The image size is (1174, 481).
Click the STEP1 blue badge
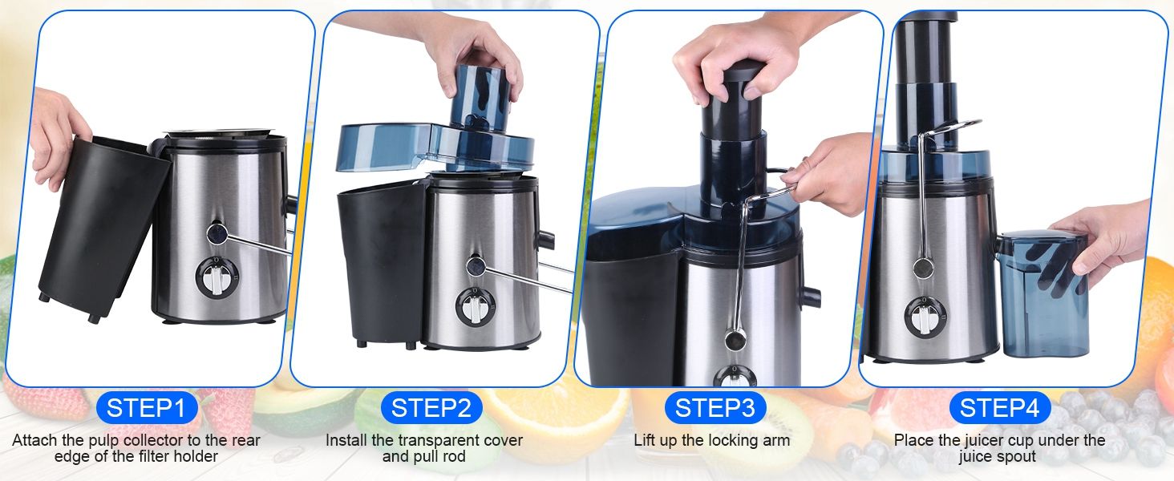[147, 408]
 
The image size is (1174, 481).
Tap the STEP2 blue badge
[431, 408]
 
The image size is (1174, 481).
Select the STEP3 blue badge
[715, 408]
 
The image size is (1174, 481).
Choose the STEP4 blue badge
[1000, 408]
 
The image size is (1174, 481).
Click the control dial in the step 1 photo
[216, 277]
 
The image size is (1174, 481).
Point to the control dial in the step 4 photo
[925, 317]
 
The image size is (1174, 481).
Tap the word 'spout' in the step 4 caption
[1016, 456]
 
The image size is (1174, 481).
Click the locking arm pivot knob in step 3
[735, 340]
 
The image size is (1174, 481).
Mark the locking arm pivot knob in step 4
[923, 269]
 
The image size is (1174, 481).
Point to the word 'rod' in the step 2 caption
[453, 456]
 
